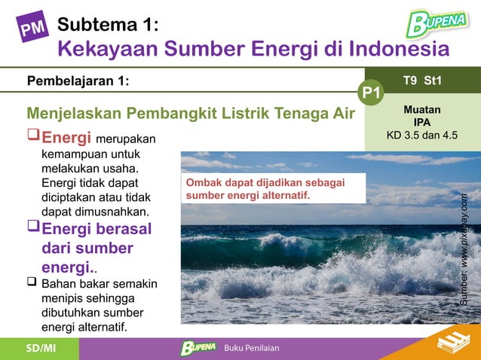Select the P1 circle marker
pos(370,93)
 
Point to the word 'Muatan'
pos(422,110)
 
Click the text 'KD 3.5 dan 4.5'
pos(422,136)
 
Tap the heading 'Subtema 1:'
pos(108,25)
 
